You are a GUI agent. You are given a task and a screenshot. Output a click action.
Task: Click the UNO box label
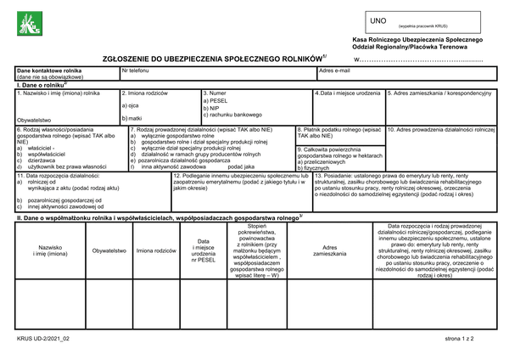(378, 19)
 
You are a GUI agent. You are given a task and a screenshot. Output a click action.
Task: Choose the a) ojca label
(130, 104)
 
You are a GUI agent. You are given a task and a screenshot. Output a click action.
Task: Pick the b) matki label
(131, 118)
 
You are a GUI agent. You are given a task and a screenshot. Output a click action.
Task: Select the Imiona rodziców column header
(155, 250)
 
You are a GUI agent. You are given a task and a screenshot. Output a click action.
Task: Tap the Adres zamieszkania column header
(330, 250)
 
